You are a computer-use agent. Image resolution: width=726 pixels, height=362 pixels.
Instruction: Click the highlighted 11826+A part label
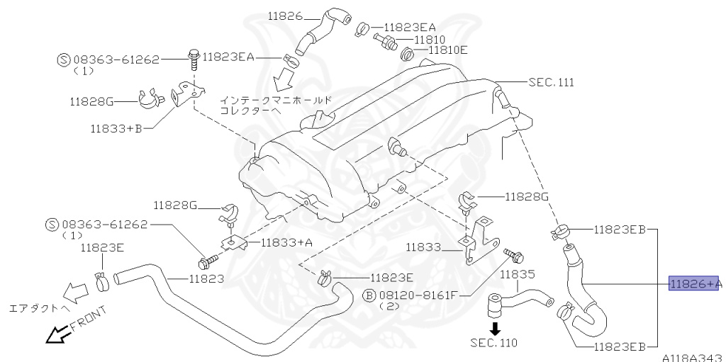click(x=695, y=284)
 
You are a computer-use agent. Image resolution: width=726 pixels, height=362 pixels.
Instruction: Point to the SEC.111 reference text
click(x=551, y=83)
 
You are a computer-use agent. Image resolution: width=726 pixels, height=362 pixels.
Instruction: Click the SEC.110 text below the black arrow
click(x=494, y=344)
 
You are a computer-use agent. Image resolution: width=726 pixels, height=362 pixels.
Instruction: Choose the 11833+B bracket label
click(x=116, y=130)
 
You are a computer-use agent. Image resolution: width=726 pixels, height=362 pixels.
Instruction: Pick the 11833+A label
click(x=286, y=242)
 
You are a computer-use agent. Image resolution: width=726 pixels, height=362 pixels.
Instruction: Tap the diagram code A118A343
click(x=693, y=356)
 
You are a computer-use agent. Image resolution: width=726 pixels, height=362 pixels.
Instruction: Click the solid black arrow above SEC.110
click(x=496, y=328)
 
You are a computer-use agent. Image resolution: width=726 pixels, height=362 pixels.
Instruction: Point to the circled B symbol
click(x=369, y=295)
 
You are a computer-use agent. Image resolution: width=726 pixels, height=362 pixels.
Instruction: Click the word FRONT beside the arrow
click(x=89, y=319)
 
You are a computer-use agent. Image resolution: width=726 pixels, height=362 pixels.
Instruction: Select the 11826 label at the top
click(x=286, y=16)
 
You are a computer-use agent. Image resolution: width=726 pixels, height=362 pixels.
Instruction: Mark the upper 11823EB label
click(x=620, y=230)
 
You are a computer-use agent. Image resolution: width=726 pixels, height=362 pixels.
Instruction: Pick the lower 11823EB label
click(x=620, y=346)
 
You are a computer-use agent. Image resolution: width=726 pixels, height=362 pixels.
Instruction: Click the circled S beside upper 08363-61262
click(x=62, y=60)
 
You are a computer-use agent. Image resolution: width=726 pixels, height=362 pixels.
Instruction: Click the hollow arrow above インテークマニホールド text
click(x=286, y=76)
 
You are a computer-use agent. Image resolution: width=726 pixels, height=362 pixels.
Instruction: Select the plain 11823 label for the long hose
click(x=206, y=278)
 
